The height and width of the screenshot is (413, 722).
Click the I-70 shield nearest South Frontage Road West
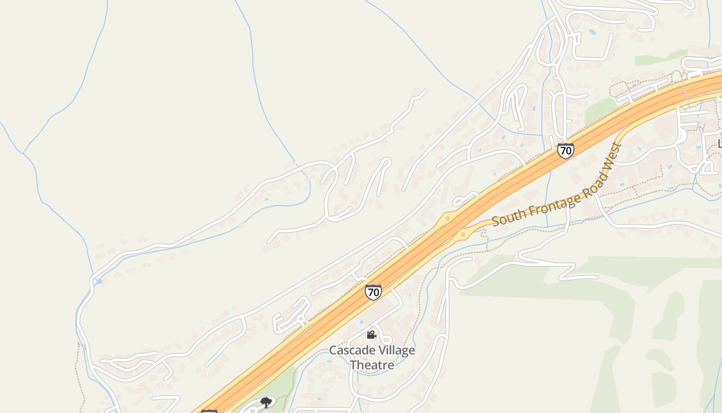point(566,151)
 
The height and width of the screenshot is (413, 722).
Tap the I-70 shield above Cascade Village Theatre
point(373,292)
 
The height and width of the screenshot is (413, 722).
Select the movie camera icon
point(371,335)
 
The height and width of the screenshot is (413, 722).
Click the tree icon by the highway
point(266,402)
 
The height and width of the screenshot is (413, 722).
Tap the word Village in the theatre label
point(395,351)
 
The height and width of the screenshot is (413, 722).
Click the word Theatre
point(372,365)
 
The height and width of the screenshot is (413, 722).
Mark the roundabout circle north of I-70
point(447,218)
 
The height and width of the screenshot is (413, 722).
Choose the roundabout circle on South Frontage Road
point(463,234)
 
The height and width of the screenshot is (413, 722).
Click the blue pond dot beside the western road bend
point(99,281)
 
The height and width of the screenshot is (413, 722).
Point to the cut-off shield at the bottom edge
point(209,411)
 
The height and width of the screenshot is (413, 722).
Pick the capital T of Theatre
point(354,365)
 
